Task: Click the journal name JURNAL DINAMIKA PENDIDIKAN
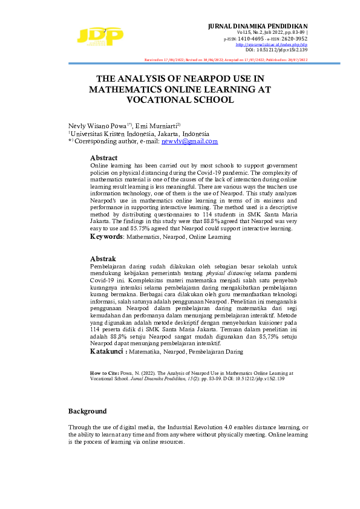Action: [x=257, y=27]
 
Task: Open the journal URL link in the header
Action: [x=271, y=45]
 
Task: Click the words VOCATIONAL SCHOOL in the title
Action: [x=180, y=100]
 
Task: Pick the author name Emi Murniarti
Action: [x=156, y=125]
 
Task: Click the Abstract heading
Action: [x=103, y=157]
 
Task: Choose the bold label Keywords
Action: [x=106, y=237]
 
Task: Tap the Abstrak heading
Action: [x=103, y=258]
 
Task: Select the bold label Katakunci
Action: [x=108, y=351]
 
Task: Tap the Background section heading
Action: [x=87, y=411]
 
